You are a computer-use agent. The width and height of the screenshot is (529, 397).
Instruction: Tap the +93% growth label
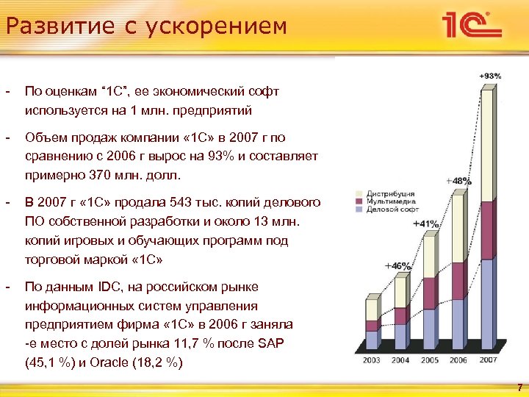[x=490, y=76]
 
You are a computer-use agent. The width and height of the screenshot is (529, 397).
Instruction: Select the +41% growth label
[x=426, y=223]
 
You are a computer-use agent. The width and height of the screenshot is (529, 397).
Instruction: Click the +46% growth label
[x=397, y=265]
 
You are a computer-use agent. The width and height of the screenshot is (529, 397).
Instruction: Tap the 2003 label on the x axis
[x=373, y=360]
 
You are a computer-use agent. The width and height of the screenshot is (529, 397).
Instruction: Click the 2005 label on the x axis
[x=430, y=360]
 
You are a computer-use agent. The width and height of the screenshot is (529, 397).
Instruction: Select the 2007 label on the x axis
[x=487, y=360]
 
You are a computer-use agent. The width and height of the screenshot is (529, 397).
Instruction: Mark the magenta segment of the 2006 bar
[x=458, y=280]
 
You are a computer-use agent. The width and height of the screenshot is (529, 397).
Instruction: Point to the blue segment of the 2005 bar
[x=430, y=327]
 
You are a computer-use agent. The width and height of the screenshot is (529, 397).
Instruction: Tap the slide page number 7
[x=519, y=387]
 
